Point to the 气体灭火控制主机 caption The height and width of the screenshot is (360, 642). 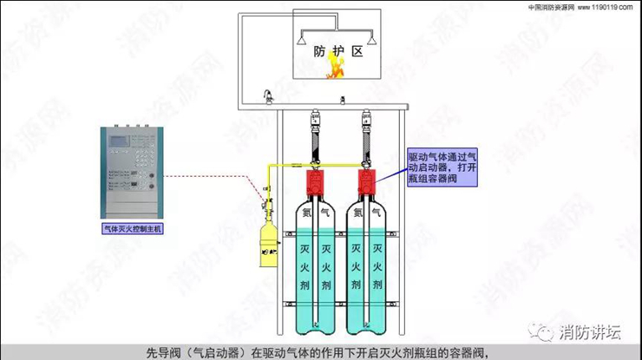pyautogui.click(x=133, y=228)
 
